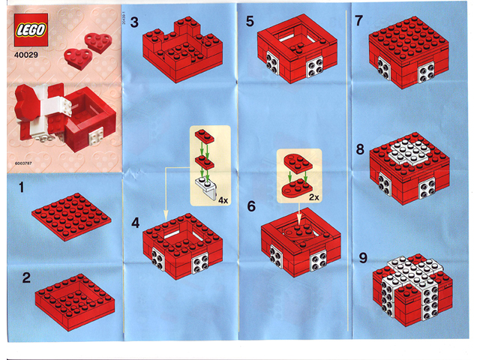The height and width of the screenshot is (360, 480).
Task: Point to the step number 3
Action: point(134,22)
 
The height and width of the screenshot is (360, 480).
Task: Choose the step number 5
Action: point(251,22)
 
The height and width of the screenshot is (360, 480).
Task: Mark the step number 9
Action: point(363,257)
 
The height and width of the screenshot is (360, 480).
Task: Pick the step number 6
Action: point(251,205)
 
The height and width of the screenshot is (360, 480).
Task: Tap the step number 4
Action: point(135,223)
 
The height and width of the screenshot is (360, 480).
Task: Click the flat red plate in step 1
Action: point(71,217)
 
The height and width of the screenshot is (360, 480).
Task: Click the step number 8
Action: point(361,148)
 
